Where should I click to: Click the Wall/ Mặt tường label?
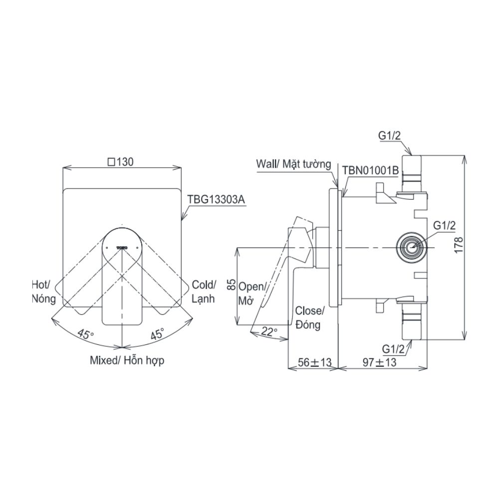click(x=293, y=164)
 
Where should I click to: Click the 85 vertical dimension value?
click(x=231, y=285)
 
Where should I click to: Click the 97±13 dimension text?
click(x=379, y=363)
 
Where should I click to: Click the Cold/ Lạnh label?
click(x=204, y=291)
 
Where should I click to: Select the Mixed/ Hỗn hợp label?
click(x=127, y=360)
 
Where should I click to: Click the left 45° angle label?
click(x=85, y=334)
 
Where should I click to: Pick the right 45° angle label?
click(x=157, y=334)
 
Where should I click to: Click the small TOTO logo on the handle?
click(x=122, y=246)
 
